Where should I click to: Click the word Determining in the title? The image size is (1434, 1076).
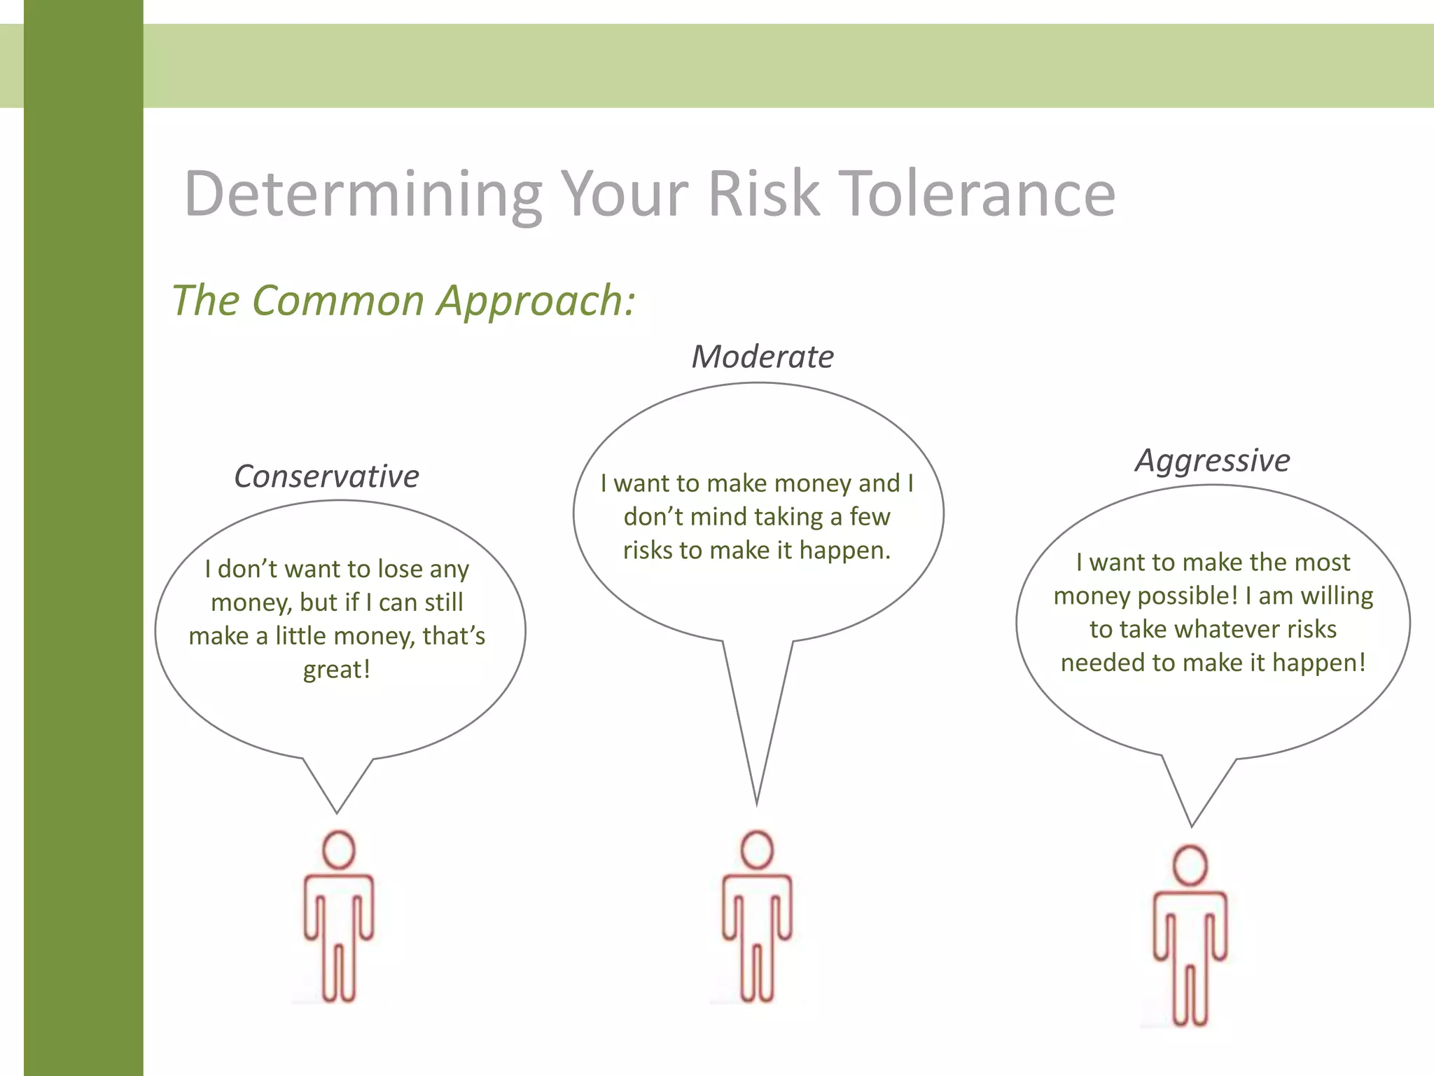[363, 194]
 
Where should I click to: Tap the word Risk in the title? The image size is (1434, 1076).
[763, 194]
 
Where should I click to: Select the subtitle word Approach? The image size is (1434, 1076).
[536, 301]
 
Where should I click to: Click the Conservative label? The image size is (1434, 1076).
[326, 476]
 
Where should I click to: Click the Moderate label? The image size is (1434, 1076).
[763, 357]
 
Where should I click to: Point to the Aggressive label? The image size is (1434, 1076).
[1212, 461]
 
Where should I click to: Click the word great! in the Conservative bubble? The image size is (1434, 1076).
[336, 670]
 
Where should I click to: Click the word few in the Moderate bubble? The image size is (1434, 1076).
[870, 517]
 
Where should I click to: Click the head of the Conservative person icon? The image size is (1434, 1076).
[339, 850]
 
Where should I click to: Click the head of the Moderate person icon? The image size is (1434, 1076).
[757, 850]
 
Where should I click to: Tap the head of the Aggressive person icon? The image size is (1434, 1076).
[1190, 865]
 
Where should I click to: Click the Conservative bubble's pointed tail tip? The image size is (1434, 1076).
[337, 811]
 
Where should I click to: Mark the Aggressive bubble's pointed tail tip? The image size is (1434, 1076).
[1192, 825]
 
